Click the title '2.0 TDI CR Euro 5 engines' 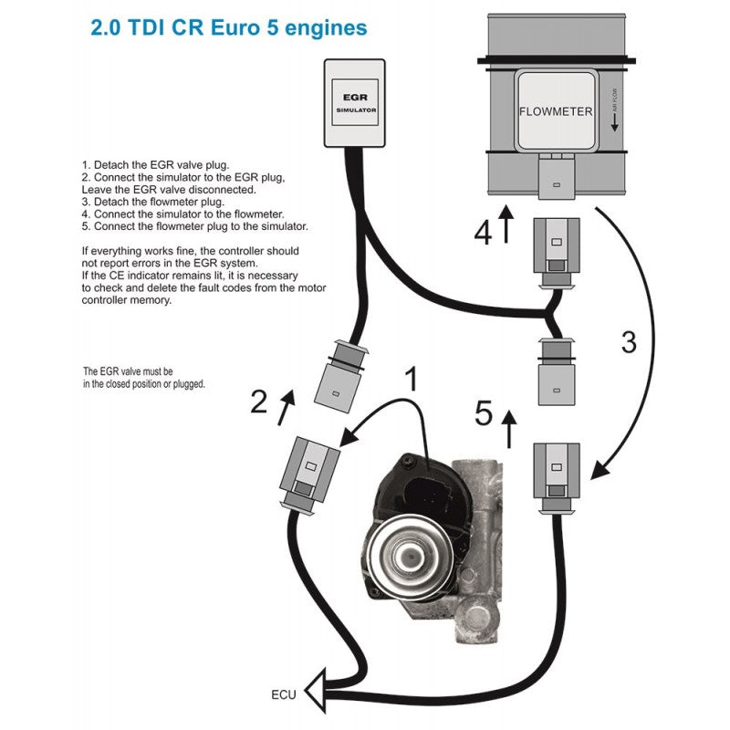pos(229,27)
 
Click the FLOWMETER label pos(556,112)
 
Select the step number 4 pos(483,233)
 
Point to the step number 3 pos(629,342)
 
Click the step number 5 pos(484,415)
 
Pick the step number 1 pos(412,380)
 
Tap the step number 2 pos(259,401)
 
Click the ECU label pos(285,693)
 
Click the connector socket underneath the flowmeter pos(556,177)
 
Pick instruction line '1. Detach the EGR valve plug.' pos(149,164)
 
